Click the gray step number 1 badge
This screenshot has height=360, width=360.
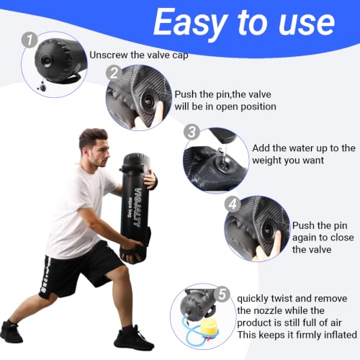tap(30, 40)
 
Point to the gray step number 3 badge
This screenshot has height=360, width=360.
tap(192, 132)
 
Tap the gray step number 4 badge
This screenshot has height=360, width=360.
tap(233, 204)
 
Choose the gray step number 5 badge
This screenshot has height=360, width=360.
tap(222, 294)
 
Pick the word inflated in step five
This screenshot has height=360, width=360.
tap(341, 335)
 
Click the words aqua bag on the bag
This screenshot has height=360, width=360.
tap(130, 207)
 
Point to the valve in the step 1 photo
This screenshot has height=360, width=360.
tap(46, 60)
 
